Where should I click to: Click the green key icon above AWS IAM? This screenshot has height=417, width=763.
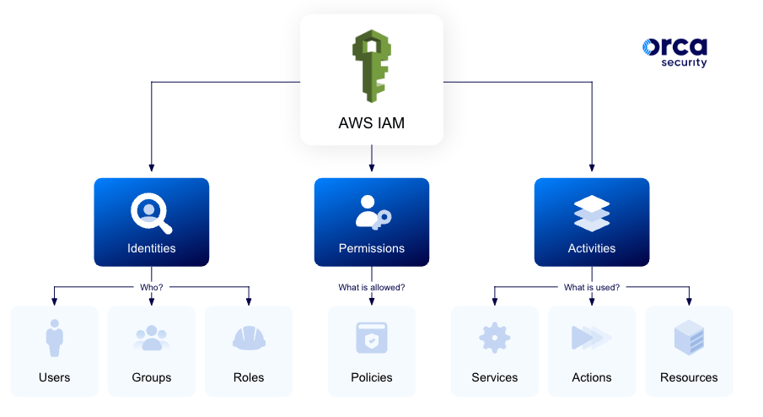pyautogui.click(x=372, y=66)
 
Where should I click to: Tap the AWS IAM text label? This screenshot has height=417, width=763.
pyautogui.click(x=372, y=123)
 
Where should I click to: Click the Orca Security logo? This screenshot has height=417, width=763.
pyautogui.click(x=674, y=52)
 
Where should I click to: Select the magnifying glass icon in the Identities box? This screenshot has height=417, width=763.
pyautogui.click(x=151, y=213)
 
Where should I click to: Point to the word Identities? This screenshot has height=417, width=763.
pyautogui.click(x=152, y=248)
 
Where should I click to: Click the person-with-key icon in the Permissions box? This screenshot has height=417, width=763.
pyautogui.click(x=372, y=213)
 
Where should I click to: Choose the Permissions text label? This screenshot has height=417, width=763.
pyautogui.click(x=372, y=248)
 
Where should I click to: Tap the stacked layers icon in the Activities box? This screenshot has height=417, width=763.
pyautogui.click(x=592, y=213)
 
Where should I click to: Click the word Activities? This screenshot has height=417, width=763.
pyautogui.click(x=592, y=248)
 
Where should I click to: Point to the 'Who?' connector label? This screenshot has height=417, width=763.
pyautogui.click(x=152, y=287)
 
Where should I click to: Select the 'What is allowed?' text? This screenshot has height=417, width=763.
pyautogui.click(x=372, y=287)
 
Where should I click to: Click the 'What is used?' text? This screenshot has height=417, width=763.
pyautogui.click(x=592, y=287)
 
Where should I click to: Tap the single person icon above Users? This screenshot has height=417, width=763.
pyautogui.click(x=55, y=338)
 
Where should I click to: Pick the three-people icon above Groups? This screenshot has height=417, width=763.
pyautogui.click(x=152, y=338)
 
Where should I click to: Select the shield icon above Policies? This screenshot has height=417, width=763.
pyautogui.click(x=372, y=338)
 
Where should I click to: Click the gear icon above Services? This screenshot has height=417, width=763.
pyautogui.click(x=495, y=338)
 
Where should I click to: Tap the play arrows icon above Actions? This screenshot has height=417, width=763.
pyautogui.click(x=592, y=338)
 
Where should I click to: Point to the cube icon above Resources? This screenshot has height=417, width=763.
pyautogui.click(x=689, y=338)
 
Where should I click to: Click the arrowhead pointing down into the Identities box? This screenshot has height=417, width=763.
pyautogui.click(x=152, y=168)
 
